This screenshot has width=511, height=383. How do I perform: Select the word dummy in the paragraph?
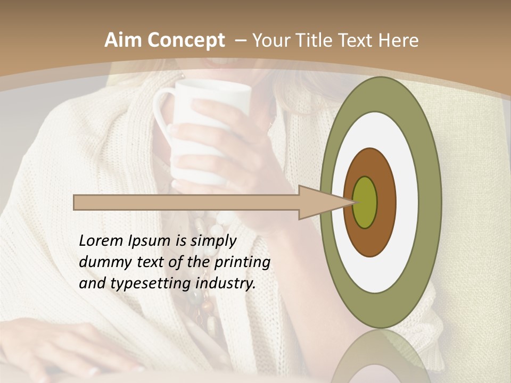coord(101,262)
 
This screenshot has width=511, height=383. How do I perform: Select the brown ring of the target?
coord(386,203)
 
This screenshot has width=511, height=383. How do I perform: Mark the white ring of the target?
coord(407,203)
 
